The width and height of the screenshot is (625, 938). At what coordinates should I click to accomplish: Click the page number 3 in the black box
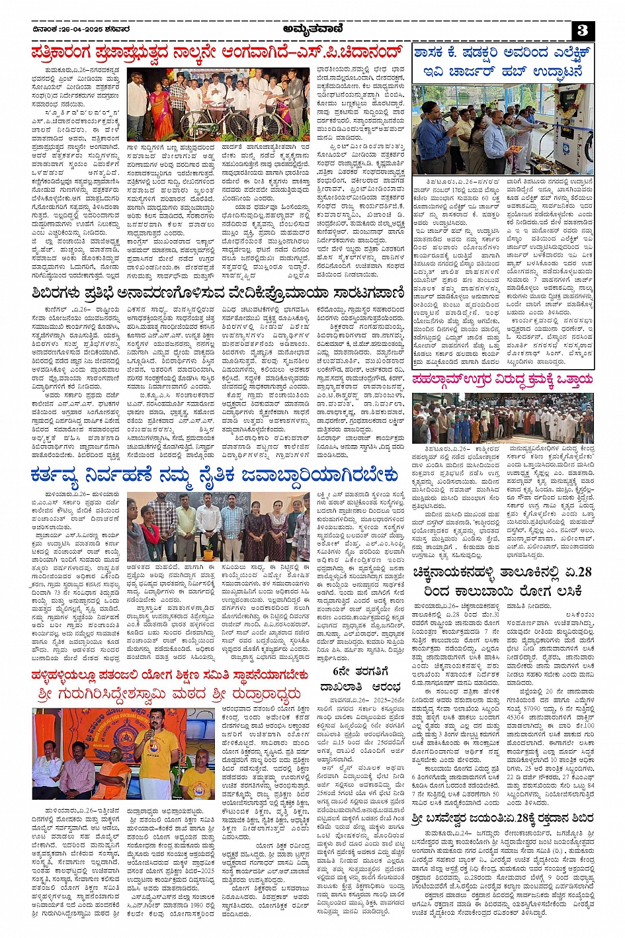[582, 30]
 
